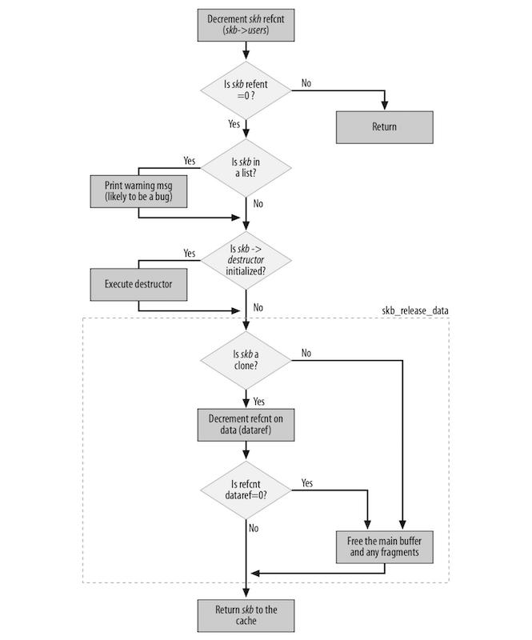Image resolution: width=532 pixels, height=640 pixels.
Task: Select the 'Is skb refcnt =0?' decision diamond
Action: pos(246,89)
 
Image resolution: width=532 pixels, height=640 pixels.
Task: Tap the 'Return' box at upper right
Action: pos(384,126)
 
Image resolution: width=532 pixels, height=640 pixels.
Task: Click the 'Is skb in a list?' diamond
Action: pos(246,169)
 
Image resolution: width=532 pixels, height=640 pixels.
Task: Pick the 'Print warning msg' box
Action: pos(138,191)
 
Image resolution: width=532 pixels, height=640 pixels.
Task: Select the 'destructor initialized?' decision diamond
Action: pos(246,260)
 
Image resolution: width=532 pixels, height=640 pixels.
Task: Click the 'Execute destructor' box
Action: pos(138,283)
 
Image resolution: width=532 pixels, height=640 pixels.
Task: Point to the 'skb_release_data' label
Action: pos(415,309)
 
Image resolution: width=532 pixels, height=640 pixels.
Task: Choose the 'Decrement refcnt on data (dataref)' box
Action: pos(246,425)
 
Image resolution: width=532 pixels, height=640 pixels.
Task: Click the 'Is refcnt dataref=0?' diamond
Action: pos(246,489)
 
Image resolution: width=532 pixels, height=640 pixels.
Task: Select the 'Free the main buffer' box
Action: pos(384,547)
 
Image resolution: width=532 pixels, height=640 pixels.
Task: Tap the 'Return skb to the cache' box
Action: pos(246,615)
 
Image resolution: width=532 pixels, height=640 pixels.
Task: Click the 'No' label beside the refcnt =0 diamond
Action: pos(307,82)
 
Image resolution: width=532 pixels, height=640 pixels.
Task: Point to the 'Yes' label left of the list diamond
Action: pos(189,161)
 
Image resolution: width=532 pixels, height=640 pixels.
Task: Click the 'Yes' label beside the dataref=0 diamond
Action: pos(307,482)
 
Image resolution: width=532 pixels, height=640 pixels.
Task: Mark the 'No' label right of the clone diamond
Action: pos(307,352)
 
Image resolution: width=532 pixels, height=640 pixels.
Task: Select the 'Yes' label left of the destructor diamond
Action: pos(189,253)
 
